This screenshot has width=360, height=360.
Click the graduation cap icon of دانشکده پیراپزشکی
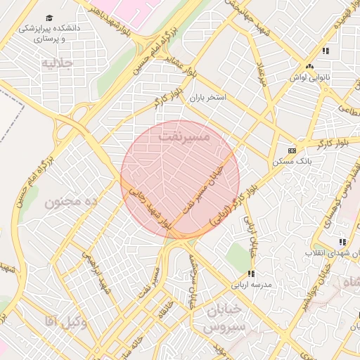(x=49, y=18)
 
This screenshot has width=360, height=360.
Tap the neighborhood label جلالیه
(x=58, y=63)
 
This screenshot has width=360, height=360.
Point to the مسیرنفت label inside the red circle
(x=185, y=137)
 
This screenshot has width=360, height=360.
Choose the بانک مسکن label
(x=293, y=161)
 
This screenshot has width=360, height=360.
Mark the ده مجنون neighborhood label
(x=70, y=202)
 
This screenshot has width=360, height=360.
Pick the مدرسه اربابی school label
(x=251, y=285)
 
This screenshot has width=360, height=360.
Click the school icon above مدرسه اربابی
(x=250, y=274)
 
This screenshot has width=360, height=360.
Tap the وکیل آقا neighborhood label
(x=65, y=322)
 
